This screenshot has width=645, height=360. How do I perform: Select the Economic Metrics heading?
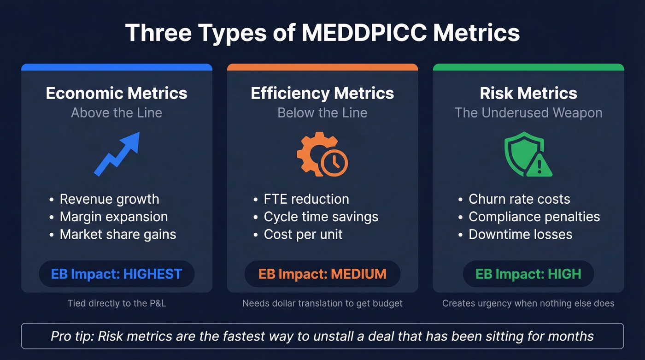point(117,93)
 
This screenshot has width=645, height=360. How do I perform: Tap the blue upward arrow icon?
point(117,153)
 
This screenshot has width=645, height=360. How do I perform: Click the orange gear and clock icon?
point(322,154)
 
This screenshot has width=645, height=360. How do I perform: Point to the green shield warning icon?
point(528,154)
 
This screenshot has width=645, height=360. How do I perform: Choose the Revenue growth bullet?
point(109,199)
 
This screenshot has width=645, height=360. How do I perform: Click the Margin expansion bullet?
point(114,217)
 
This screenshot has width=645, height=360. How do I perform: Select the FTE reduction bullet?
point(306,199)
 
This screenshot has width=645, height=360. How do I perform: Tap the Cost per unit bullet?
point(303,234)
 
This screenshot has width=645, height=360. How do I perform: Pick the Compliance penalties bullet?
point(534,217)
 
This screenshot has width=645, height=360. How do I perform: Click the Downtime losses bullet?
point(520,234)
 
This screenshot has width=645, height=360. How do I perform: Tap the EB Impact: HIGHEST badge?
point(117,274)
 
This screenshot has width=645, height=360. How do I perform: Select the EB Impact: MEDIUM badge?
point(322,274)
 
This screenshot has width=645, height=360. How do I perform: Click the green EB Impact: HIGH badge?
point(528,274)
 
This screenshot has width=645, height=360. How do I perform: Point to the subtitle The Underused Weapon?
point(528,113)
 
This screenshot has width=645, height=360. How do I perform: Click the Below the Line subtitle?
point(322,113)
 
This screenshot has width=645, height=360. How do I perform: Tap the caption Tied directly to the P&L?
point(117,303)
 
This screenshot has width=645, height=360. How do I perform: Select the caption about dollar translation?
point(322,303)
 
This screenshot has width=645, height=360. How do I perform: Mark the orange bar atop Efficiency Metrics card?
point(322,67)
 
